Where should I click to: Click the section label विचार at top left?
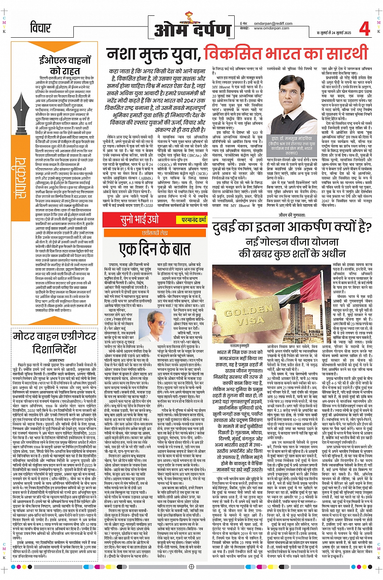click(x=40, y=28)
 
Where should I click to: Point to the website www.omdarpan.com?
click(x=272, y=28)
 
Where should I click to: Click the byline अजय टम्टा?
click(x=56, y=360)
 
